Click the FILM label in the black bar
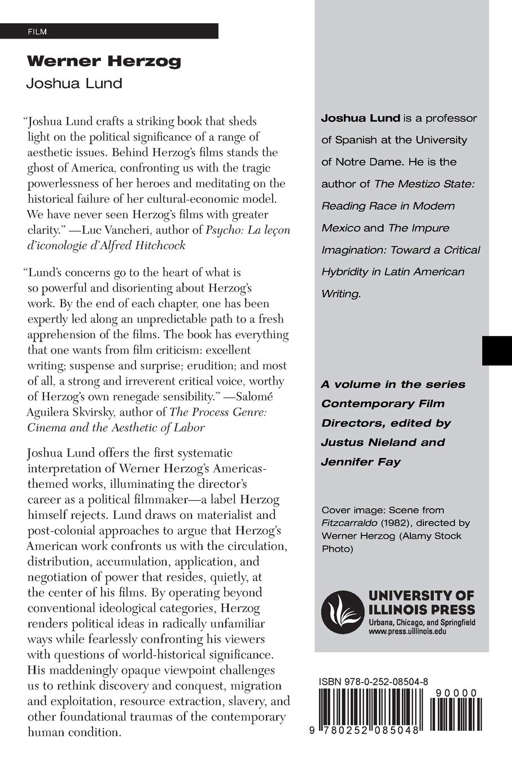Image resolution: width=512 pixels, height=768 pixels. pos(37,32)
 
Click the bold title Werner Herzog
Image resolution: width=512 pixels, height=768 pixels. pos(104,61)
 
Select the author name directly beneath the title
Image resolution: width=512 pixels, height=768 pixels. pos(74,84)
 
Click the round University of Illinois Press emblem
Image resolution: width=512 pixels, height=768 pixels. pos(340,612)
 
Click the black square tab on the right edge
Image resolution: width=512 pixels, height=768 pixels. pos(497,351)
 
